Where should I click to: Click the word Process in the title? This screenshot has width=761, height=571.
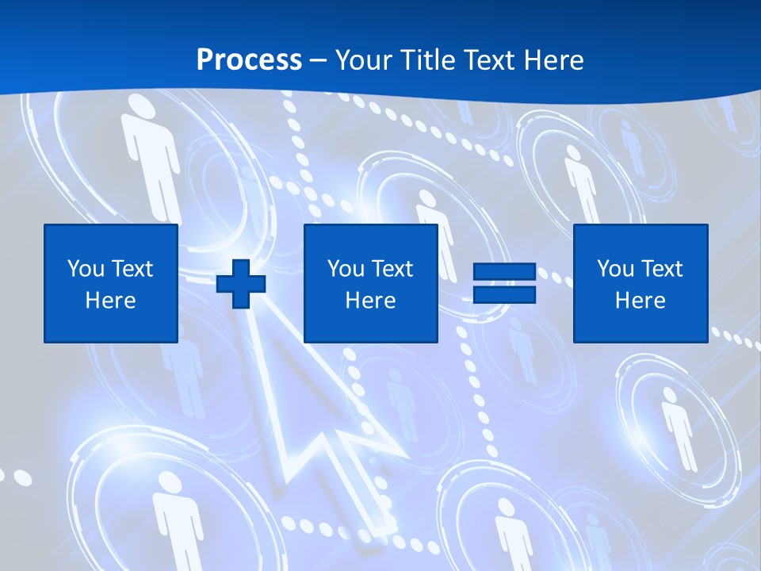click(249, 60)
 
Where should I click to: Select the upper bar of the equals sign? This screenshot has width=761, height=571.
click(504, 271)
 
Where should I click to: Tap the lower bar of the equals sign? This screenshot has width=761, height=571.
click(504, 294)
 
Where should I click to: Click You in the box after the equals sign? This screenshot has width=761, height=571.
click(615, 269)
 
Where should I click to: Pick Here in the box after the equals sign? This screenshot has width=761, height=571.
click(641, 301)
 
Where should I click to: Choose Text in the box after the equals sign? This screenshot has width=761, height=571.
click(661, 269)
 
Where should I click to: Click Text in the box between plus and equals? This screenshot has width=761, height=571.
click(392, 269)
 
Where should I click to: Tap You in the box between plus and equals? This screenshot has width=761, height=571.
click(346, 269)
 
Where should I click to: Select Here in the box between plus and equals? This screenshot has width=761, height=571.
click(371, 301)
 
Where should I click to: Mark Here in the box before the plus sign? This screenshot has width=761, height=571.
click(111, 301)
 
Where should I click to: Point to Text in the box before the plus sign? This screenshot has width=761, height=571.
click(132, 269)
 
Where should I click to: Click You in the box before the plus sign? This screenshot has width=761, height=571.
click(86, 269)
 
